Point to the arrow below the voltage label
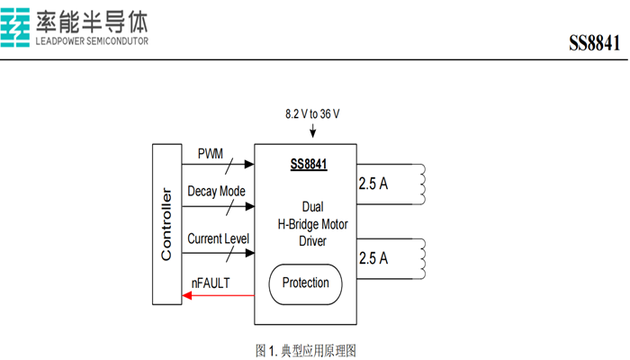[x=312, y=132]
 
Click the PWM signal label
[x=210, y=154]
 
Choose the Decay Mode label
[x=216, y=192]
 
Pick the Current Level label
[x=218, y=238]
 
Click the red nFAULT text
[x=211, y=283]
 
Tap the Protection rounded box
[x=306, y=283]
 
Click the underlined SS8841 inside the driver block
[x=308, y=165]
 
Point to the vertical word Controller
[x=166, y=224]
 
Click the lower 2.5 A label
[x=373, y=258]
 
